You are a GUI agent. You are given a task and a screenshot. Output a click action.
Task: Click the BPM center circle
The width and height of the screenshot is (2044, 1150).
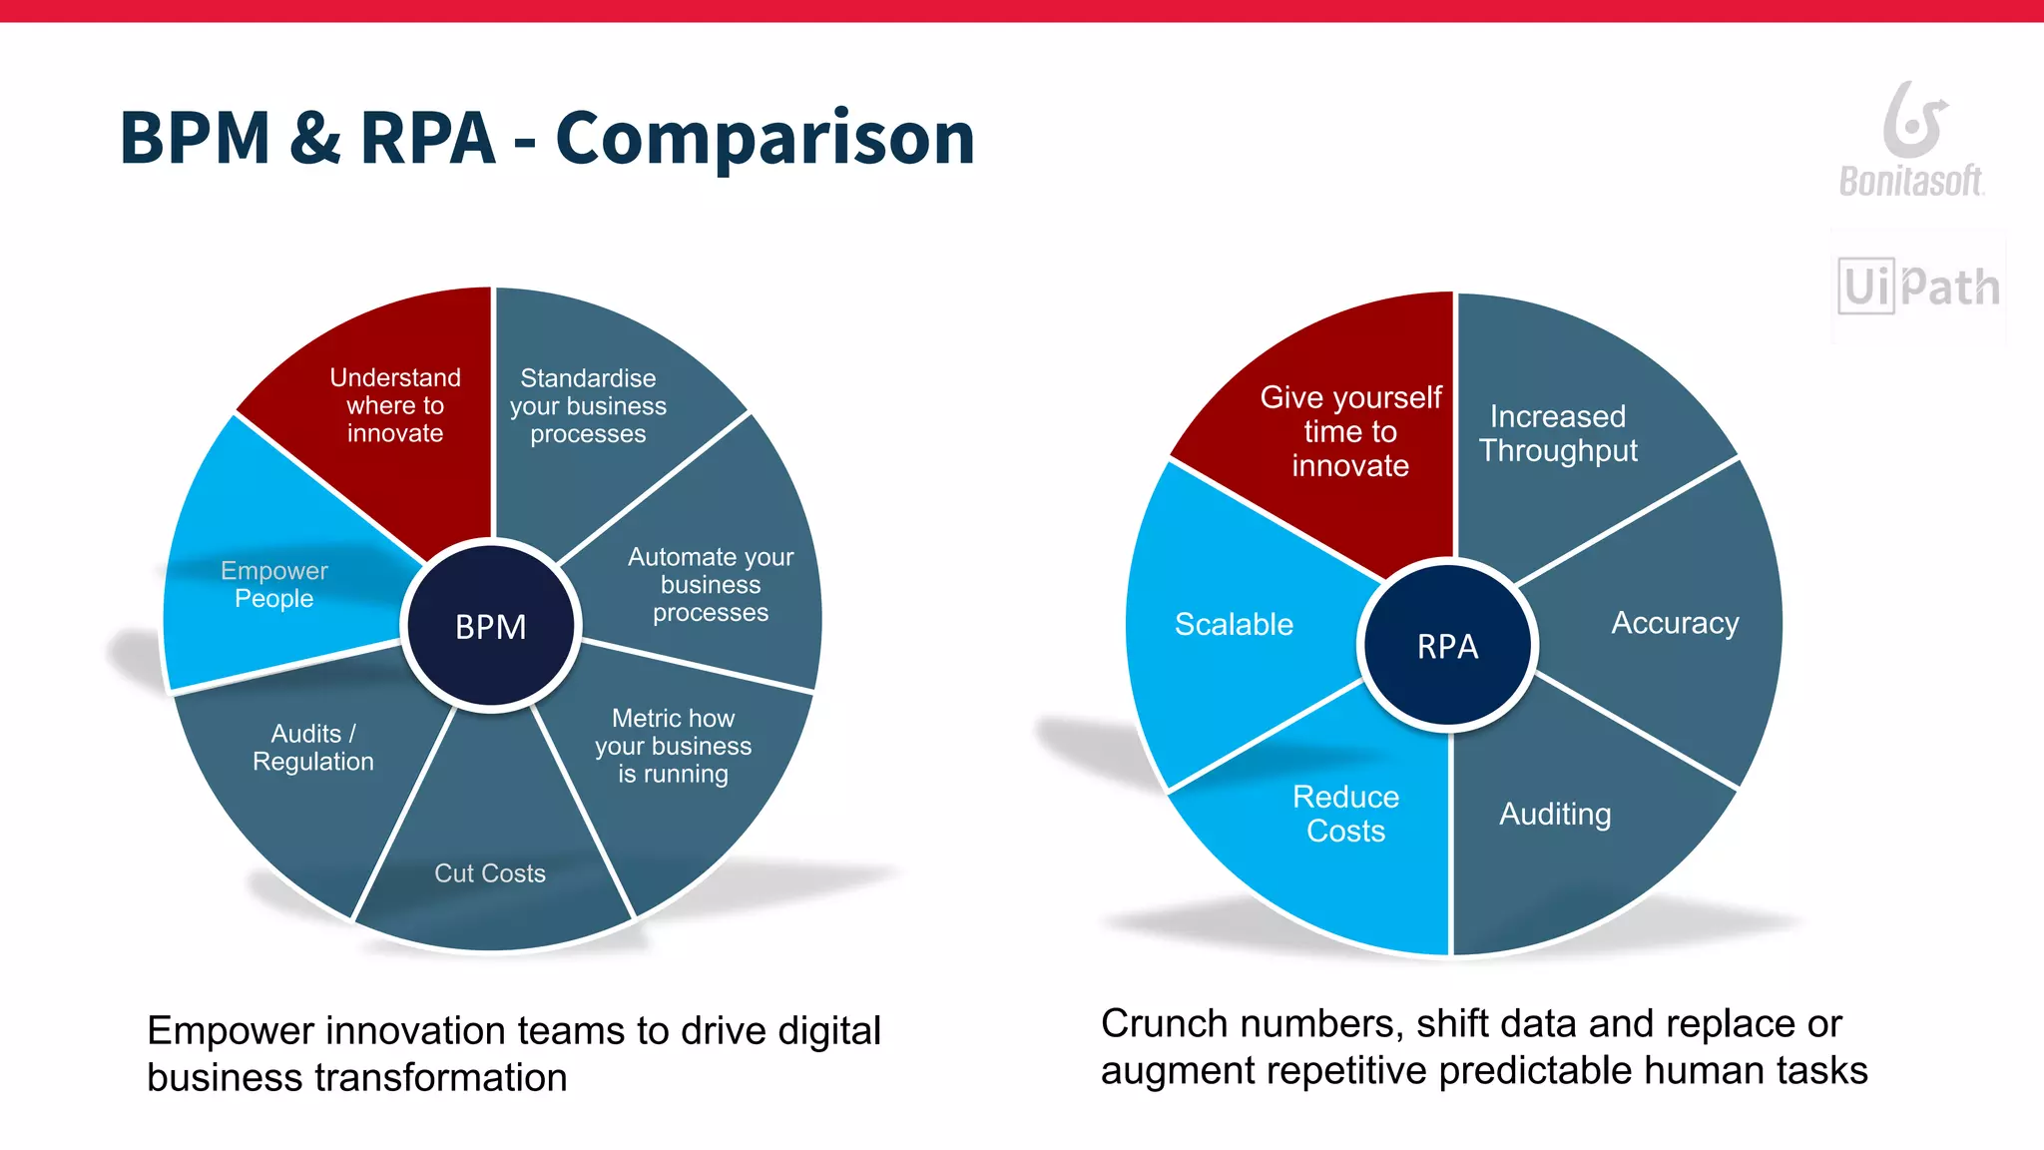tap(490, 626)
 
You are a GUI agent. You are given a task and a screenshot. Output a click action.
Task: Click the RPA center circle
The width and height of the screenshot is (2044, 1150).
tap(1447, 646)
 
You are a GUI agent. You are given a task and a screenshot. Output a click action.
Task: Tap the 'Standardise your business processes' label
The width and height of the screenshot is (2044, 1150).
tap(588, 406)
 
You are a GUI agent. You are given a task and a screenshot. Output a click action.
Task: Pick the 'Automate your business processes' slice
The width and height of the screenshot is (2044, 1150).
tap(711, 585)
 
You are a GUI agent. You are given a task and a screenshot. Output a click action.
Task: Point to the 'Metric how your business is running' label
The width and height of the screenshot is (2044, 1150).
tap(673, 746)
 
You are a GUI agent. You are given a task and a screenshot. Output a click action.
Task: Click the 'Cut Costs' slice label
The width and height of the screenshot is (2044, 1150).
tap(490, 873)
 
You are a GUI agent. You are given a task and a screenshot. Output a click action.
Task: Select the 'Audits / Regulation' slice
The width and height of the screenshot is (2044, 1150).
tap(312, 748)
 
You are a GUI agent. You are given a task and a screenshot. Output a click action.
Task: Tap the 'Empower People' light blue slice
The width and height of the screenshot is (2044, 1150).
tap(273, 585)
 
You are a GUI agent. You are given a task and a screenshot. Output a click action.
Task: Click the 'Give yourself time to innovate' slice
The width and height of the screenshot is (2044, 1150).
tap(1349, 431)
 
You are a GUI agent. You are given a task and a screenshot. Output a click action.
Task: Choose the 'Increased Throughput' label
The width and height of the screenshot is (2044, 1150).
tap(1558, 433)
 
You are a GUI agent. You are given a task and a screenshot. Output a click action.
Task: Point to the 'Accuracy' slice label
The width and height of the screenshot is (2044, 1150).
tap(1675, 623)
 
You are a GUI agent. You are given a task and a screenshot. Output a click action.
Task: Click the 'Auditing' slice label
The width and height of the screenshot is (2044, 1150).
tap(1554, 814)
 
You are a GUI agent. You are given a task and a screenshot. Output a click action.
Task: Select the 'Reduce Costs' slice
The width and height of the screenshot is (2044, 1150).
tap(1345, 814)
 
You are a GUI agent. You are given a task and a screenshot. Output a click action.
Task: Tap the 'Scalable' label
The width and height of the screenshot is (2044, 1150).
tap(1234, 624)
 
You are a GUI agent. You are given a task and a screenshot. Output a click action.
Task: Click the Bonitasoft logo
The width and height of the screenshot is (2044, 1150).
tap(1911, 141)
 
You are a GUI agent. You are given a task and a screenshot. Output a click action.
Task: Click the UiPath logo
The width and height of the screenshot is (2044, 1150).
tap(1918, 287)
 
